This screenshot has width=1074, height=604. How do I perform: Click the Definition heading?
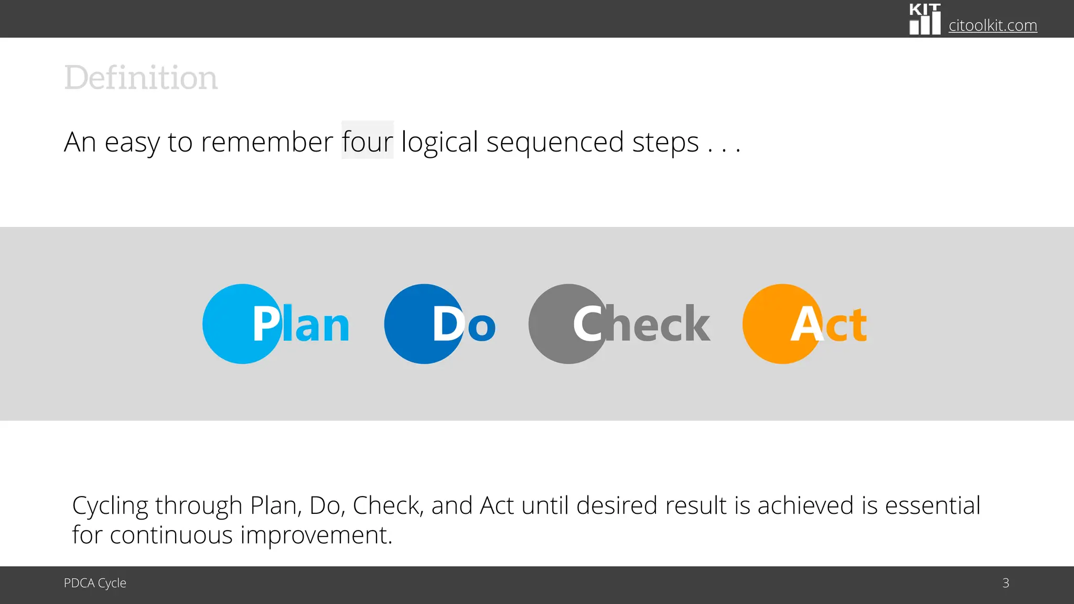coord(141,78)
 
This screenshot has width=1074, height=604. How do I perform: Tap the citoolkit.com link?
coord(992,25)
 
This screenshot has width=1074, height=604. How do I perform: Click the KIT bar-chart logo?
coord(925,19)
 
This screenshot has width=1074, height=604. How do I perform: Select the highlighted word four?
coord(367,142)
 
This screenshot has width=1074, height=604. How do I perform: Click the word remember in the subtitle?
coord(266,142)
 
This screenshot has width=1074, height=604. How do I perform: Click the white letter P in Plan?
coord(266,325)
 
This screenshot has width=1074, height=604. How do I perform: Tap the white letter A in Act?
coord(807,325)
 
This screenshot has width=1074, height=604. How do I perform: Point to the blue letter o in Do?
coord(481,327)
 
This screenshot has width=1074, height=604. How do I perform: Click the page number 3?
coord(1005,583)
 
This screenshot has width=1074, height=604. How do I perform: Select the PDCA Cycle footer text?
coord(95,583)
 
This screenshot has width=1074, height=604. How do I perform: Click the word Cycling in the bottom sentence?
coord(110,506)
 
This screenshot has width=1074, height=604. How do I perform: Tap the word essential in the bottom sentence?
coord(932,505)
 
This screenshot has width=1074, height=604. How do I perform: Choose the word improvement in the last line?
coord(316,535)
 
